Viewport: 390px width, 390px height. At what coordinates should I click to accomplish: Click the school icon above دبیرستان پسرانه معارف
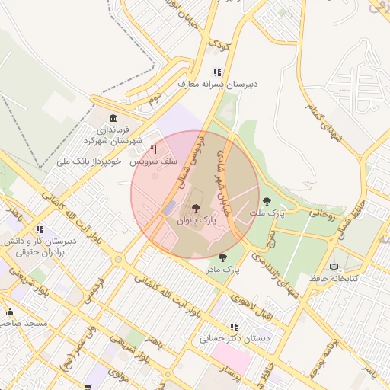click(217, 73)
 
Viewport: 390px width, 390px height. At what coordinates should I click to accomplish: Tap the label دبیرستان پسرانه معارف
click(217, 85)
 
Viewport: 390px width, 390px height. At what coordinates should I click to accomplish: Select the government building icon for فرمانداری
click(113, 118)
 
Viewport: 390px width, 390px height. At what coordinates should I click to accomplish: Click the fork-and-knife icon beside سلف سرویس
click(154, 150)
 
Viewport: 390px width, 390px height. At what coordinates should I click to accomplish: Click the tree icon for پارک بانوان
click(196, 208)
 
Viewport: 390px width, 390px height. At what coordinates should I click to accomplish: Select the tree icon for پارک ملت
click(266, 201)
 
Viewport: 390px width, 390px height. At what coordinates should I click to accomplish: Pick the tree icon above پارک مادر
click(222, 257)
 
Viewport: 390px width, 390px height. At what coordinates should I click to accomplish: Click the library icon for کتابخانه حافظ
click(333, 267)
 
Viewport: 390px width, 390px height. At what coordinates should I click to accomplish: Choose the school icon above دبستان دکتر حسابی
click(233, 327)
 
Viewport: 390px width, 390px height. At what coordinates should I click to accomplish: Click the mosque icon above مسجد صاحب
click(10, 312)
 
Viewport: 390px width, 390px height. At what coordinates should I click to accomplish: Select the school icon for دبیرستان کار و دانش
click(39, 229)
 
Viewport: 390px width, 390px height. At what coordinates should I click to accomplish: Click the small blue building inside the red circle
click(169, 206)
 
